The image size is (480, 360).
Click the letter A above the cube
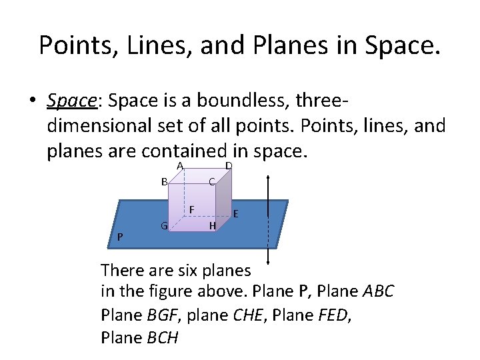(x=181, y=166)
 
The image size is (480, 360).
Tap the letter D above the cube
(x=228, y=165)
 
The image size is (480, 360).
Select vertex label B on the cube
(x=164, y=181)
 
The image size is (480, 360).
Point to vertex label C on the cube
(x=211, y=181)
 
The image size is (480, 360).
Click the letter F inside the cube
(x=191, y=209)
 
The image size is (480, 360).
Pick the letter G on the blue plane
(x=163, y=225)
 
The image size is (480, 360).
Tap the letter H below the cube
(x=212, y=226)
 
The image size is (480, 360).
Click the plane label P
(x=119, y=237)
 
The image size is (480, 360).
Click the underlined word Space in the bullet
(x=73, y=101)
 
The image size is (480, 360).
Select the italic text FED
(x=331, y=315)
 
